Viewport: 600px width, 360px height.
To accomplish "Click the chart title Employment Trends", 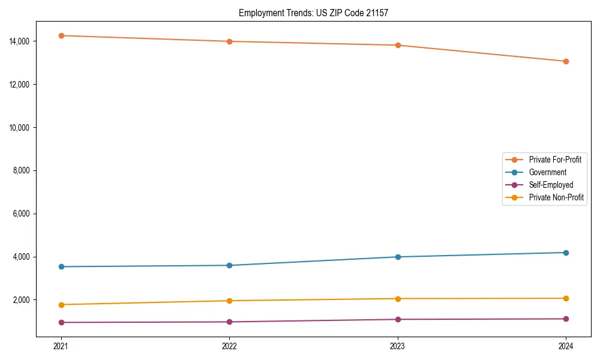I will (x=313, y=13).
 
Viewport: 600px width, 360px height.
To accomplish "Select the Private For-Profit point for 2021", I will (x=61, y=35).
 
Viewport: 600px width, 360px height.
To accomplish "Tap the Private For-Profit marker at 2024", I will (x=566, y=61).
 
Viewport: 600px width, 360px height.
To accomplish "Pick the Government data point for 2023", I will (x=398, y=257).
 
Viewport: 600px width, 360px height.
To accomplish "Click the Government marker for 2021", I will (x=61, y=266).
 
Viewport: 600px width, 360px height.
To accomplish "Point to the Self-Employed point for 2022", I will (x=229, y=322).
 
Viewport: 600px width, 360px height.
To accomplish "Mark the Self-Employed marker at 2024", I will (x=566, y=319).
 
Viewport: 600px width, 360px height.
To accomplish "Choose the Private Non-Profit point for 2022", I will (x=229, y=301).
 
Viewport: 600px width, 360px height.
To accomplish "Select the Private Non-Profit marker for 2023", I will (x=398, y=298).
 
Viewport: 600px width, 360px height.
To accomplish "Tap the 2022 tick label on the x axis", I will (x=229, y=346).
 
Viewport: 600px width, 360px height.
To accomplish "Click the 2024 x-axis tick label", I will (x=566, y=346).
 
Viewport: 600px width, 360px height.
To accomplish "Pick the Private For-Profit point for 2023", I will (x=398, y=45).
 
